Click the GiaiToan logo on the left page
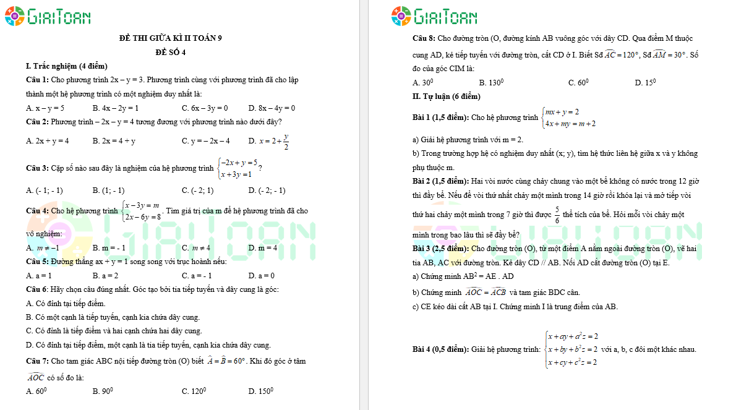(48, 16)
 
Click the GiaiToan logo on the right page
(434, 16)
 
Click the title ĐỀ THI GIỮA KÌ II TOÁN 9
(170, 38)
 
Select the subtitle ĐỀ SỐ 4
(170, 52)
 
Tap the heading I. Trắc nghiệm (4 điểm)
(66, 66)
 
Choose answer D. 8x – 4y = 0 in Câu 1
(272, 108)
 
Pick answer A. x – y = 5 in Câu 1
(45, 108)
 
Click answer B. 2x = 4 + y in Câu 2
(114, 141)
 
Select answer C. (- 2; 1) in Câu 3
(197, 190)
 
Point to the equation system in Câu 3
(237, 168)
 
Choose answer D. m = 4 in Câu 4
(262, 248)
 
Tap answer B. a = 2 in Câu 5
(105, 276)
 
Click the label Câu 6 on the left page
(36, 289)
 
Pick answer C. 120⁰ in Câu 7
(194, 391)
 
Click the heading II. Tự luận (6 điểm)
(446, 96)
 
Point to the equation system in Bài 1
(568, 117)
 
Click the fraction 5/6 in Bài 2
(557, 215)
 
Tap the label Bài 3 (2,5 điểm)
(440, 248)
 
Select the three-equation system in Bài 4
(571, 349)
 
